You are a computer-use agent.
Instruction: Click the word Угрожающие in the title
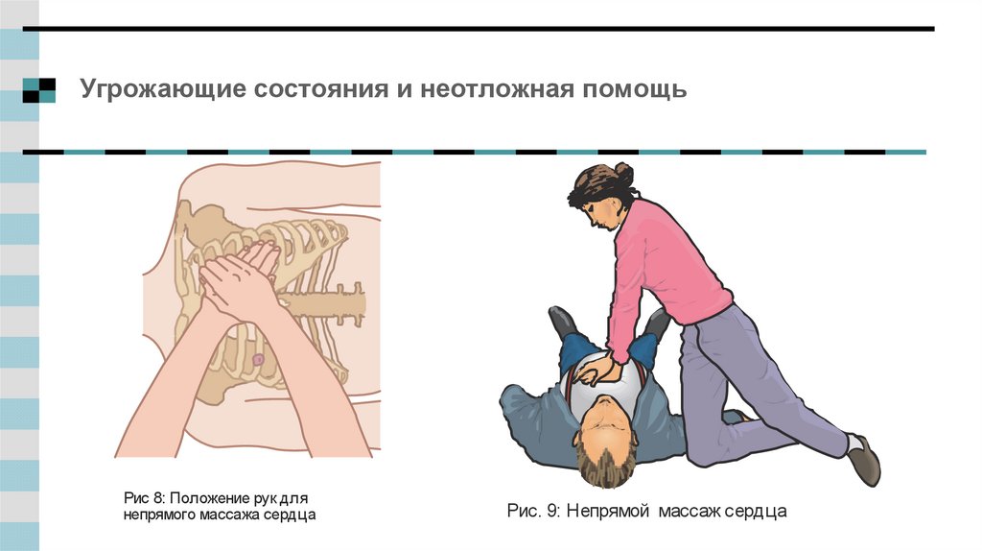(163, 89)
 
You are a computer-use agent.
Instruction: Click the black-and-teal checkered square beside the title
(38, 90)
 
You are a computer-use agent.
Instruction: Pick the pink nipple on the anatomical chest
(258, 359)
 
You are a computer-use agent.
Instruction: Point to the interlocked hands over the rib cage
(241, 279)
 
